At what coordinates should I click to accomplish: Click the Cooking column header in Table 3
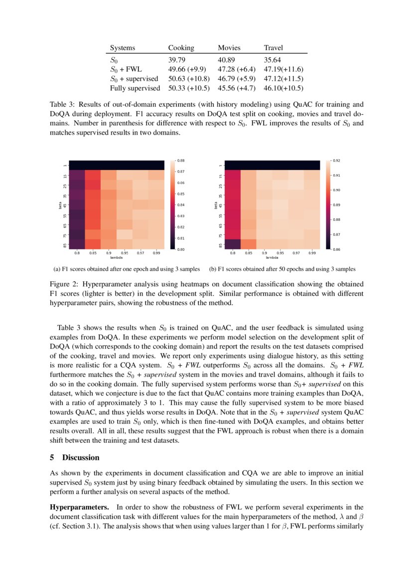pos(181,48)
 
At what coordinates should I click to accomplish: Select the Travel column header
pos(273,48)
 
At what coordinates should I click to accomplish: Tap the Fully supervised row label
pos(135,88)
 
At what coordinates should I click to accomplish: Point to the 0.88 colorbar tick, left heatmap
pos(181,161)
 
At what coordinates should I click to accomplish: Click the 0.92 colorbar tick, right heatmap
pos(336,161)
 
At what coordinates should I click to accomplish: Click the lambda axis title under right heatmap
pos(272,258)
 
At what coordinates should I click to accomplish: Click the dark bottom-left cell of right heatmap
pos(233,243)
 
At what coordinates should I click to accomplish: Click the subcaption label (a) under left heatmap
pos(57,269)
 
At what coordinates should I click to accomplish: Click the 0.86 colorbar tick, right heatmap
pos(336,248)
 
